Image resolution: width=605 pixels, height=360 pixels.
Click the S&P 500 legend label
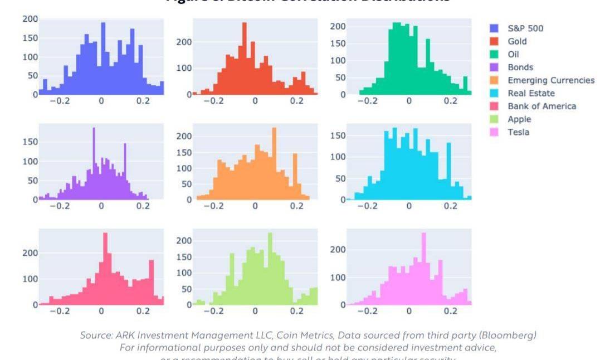pos(525,28)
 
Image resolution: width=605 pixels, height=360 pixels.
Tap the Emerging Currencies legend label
pos(550,80)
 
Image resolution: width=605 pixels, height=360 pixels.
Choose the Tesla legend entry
pos(518,132)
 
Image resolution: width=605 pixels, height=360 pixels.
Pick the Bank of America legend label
pos(541,106)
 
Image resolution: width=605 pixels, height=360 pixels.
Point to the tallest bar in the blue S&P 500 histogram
pos(103,59)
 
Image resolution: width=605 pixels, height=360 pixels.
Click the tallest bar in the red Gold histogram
pos(244,59)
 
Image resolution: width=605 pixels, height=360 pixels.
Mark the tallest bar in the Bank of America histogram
pos(105,269)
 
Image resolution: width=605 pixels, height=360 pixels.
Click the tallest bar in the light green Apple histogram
pos(270,269)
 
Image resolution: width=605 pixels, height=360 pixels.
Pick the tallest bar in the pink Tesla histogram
pos(423,269)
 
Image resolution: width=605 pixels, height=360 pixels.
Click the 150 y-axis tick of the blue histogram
pos(31,38)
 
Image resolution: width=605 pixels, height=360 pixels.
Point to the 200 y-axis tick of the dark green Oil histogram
pos(338,26)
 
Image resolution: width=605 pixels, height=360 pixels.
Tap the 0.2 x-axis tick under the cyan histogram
pos(450,206)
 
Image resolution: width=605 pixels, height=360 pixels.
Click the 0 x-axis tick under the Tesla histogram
pos(408,311)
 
